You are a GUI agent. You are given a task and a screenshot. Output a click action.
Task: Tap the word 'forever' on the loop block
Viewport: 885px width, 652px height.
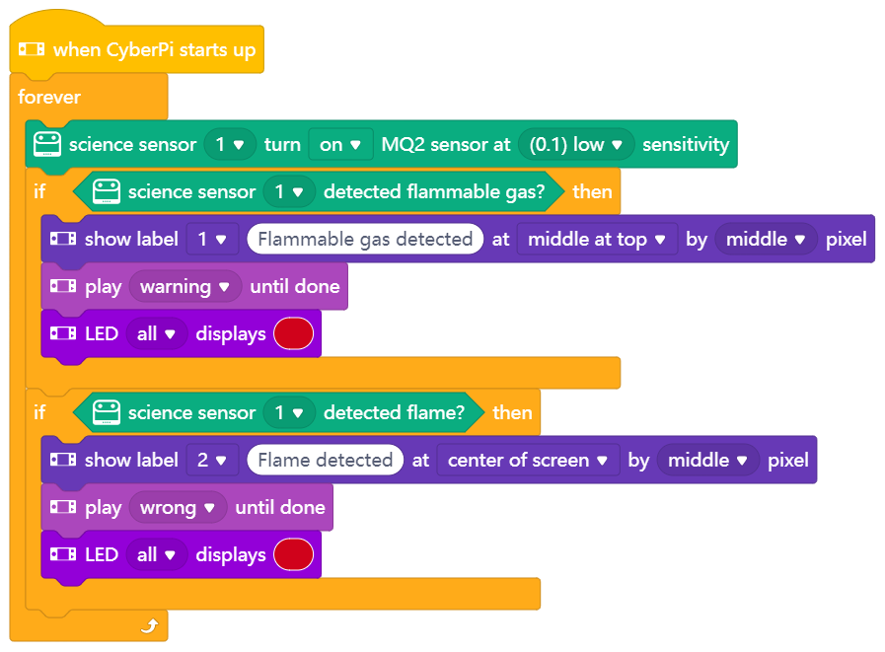pyautogui.click(x=49, y=98)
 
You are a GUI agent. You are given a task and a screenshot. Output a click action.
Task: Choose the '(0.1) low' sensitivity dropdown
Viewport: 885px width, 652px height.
pyautogui.click(x=576, y=145)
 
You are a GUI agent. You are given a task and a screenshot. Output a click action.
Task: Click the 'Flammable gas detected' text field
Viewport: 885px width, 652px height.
pyautogui.click(x=365, y=240)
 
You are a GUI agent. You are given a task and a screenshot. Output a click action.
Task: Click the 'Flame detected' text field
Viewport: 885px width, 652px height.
pyautogui.click(x=325, y=461)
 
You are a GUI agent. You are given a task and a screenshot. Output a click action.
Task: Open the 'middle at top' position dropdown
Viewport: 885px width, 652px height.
pyautogui.click(x=597, y=240)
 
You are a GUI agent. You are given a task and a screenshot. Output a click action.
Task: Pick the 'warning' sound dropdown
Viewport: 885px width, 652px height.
pyautogui.click(x=185, y=287)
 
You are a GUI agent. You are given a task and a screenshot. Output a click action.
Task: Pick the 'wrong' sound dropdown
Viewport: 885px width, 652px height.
pyautogui.click(x=178, y=508)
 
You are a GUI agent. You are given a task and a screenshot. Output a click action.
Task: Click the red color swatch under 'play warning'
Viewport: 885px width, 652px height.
pyautogui.click(x=294, y=334)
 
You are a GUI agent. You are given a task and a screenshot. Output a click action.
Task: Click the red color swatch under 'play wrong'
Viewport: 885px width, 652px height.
pyautogui.click(x=294, y=555)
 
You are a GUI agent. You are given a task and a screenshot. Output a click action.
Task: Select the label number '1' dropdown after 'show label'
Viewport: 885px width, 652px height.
pyautogui.click(x=212, y=240)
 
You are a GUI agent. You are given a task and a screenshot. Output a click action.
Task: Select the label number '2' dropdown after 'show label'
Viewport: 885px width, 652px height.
pyautogui.click(x=212, y=461)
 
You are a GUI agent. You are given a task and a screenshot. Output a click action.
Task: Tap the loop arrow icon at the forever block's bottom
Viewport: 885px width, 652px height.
pyautogui.click(x=149, y=625)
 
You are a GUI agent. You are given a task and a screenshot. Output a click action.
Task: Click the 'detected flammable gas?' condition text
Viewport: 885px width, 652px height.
pyautogui.click(x=434, y=192)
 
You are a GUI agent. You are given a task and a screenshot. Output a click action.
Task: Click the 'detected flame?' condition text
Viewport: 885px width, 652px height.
pyautogui.click(x=394, y=413)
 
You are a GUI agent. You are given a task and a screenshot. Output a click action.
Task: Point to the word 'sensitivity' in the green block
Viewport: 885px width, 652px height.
pyautogui.click(x=686, y=145)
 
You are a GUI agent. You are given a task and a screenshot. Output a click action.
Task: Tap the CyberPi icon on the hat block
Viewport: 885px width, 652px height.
pyautogui.click(x=33, y=49)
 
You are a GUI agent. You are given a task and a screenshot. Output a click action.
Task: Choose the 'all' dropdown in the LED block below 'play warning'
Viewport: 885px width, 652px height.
pyautogui.click(x=156, y=334)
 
